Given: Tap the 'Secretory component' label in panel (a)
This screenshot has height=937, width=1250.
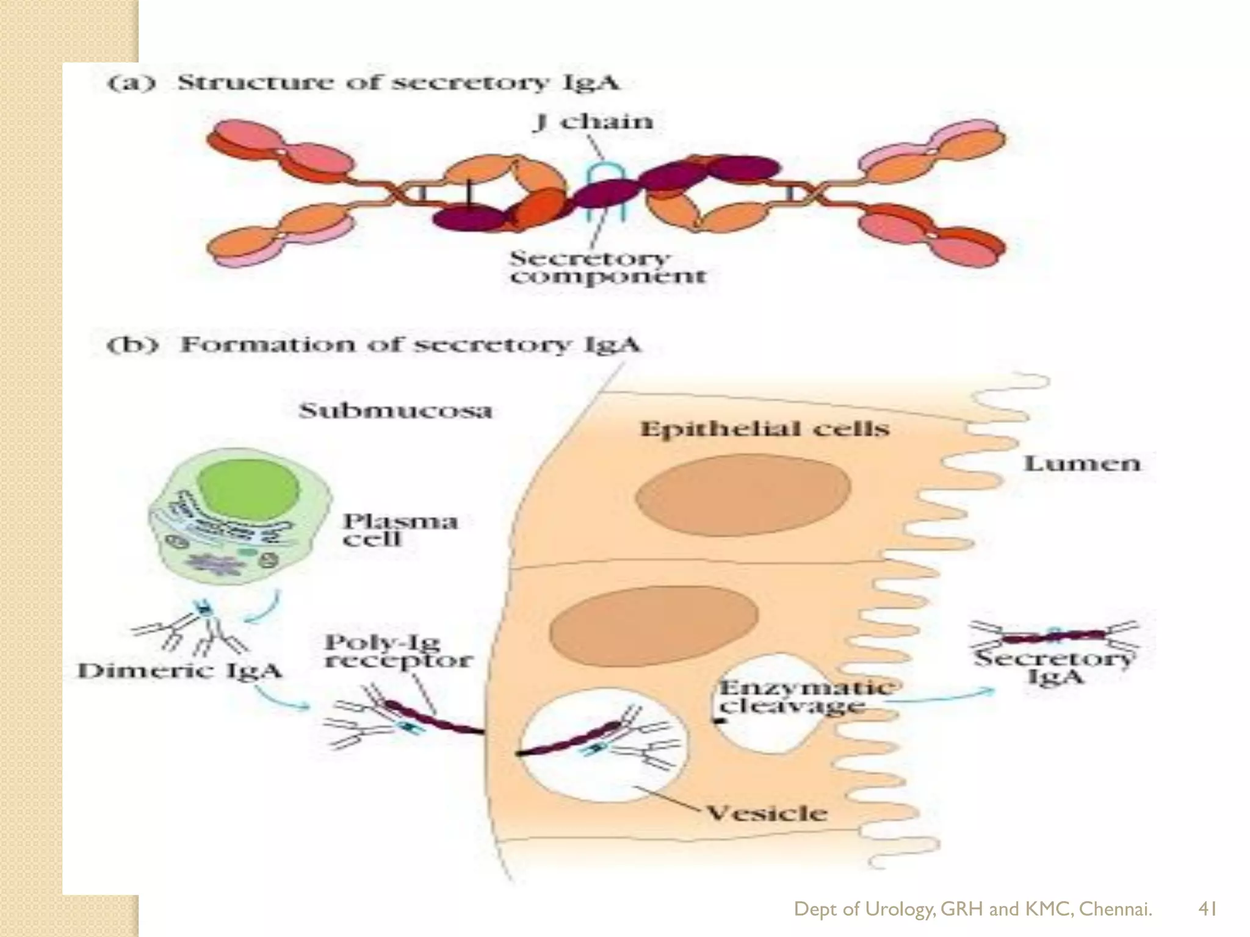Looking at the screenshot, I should pyautogui.click(x=608, y=267).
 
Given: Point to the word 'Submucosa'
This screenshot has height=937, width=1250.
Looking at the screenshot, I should pyautogui.click(x=396, y=411).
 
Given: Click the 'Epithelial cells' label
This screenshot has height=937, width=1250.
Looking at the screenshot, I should pyautogui.click(x=764, y=429).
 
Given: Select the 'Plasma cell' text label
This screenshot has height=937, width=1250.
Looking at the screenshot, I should pyautogui.click(x=400, y=530).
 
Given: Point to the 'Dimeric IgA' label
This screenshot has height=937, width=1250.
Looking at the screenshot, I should pyautogui.click(x=179, y=671).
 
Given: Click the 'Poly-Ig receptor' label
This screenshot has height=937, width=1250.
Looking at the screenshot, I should pyautogui.click(x=398, y=652).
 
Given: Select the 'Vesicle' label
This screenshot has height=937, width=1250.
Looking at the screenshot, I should pyautogui.click(x=767, y=813).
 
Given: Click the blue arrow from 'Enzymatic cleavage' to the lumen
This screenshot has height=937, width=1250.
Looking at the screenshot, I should pyautogui.click(x=940, y=697).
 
